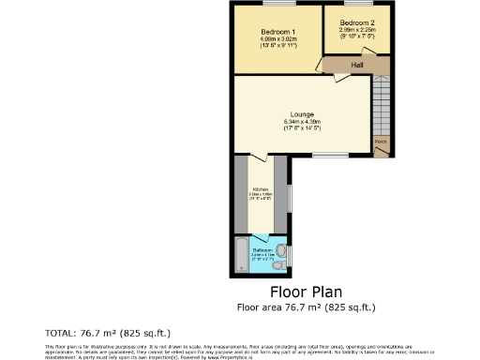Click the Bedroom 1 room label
click(278, 31)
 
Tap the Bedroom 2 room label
click(357, 22)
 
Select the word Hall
click(357, 65)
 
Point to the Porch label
click(381, 142)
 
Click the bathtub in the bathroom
click(241, 253)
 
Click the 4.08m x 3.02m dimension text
click(278, 38)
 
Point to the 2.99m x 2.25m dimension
click(357, 30)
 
